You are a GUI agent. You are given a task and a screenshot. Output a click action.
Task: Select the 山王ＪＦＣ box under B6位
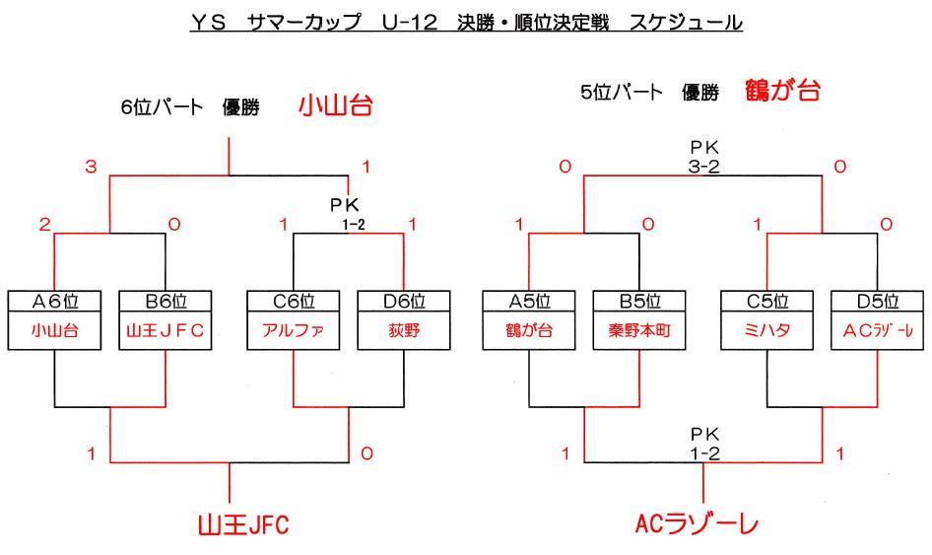coord(166,331)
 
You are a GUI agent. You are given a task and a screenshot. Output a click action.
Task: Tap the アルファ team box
coord(294,331)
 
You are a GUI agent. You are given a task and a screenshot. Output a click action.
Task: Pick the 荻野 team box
coord(404,331)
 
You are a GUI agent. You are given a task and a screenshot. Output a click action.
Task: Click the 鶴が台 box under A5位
coord(530,331)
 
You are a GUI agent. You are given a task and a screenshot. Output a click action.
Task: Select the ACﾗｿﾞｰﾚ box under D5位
coord(879,331)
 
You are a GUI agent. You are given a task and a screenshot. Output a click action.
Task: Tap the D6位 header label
coord(404,301)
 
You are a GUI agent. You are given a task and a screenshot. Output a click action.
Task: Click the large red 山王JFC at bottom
coord(243,524)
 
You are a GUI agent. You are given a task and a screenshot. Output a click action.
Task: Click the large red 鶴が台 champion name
coord(783,92)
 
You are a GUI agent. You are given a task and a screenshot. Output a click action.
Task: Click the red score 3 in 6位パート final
coord(91,168)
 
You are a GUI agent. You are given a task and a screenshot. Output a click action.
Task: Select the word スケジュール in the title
coord(687,22)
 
